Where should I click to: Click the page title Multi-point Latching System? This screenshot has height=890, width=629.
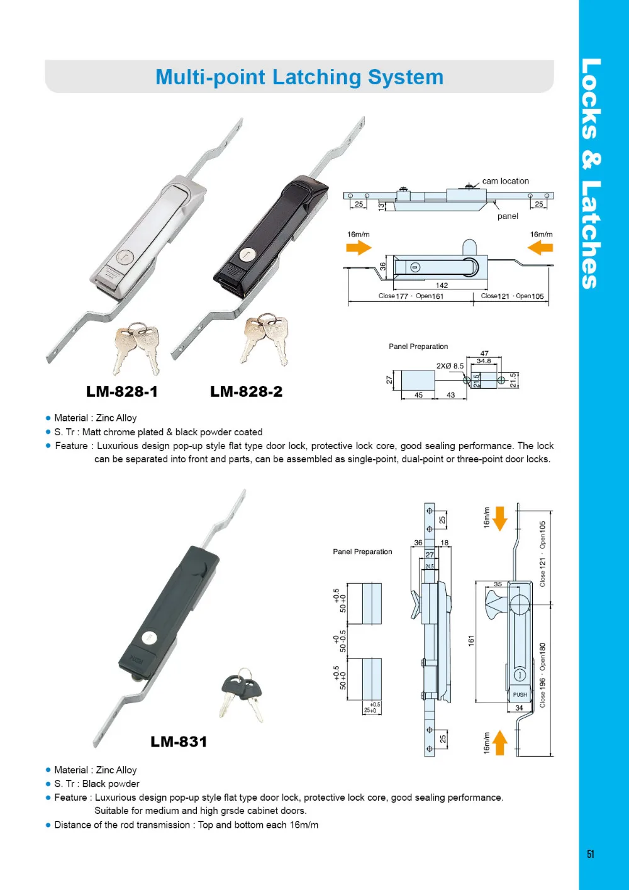tap(299, 77)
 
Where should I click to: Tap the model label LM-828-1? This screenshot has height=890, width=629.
tap(122, 392)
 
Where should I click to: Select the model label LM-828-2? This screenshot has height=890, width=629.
tap(246, 392)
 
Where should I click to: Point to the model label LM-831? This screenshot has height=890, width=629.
tap(179, 742)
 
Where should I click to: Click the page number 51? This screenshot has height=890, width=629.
tap(590, 854)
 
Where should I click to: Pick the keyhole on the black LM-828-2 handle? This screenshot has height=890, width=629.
tap(246, 255)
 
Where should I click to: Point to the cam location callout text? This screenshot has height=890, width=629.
tap(505, 181)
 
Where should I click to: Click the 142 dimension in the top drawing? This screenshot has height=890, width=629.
tap(442, 286)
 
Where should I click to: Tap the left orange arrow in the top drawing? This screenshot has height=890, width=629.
tap(359, 248)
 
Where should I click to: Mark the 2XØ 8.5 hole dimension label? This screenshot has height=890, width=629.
tap(450, 365)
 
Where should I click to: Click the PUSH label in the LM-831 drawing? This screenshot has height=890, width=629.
tap(520, 695)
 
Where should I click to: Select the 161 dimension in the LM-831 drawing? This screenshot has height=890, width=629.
tap(471, 641)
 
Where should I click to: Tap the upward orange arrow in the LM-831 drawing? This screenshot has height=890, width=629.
tap(500, 742)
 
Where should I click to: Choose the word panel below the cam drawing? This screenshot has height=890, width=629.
tap(508, 216)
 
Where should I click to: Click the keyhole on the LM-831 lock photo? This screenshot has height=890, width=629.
tap(150, 637)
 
